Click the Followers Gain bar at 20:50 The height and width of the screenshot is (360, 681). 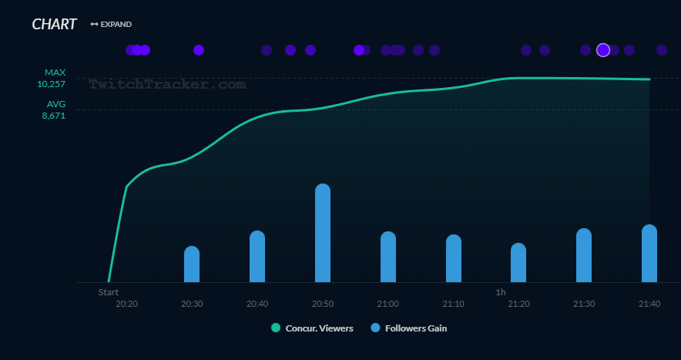(x=323, y=234)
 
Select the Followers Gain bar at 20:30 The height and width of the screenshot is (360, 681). (x=192, y=264)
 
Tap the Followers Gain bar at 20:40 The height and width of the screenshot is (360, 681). (x=257, y=257)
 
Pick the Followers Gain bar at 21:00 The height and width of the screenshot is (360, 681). (x=388, y=257)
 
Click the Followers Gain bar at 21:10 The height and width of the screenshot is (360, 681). (x=454, y=259)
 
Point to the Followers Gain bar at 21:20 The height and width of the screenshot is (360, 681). (x=518, y=263)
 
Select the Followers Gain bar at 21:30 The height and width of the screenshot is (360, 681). (x=584, y=256)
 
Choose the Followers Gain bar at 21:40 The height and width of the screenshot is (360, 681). (x=649, y=254)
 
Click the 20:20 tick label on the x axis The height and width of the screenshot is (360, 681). (x=127, y=304)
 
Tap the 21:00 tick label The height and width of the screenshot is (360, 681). (x=388, y=304)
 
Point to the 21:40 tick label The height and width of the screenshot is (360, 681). (x=649, y=304)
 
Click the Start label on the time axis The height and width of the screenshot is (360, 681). (x=109, y=292)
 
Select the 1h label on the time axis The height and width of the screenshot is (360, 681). (x=501, y=292)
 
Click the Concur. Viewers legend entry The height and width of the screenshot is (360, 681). (x=312, y=328)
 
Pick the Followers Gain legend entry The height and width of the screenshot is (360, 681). (x=408, y=328)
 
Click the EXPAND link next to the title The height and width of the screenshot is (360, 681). (x=111, y=25)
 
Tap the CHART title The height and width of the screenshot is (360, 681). (x=54, y=25)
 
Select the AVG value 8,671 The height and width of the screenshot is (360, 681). (x=53, y=115)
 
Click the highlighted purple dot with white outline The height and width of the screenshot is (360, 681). (x=603, y=50)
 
